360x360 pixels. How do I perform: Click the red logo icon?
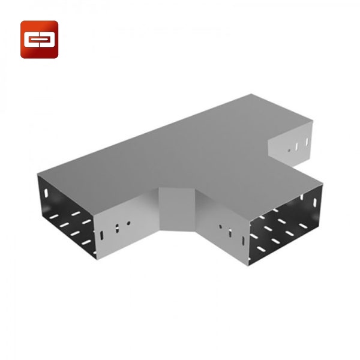(40, 40)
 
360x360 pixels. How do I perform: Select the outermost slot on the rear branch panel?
(307, 142)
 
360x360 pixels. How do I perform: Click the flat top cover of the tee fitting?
(180, 150)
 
